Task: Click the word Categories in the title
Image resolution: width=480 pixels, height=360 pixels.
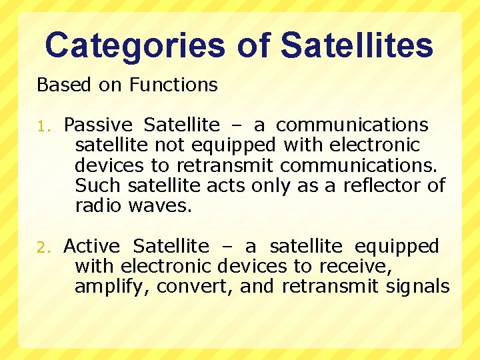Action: click(135, 46)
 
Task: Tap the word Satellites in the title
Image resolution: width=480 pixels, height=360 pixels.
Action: click(357, 46)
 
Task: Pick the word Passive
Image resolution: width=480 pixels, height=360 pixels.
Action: click(98, 125)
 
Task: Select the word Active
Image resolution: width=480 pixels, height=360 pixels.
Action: click(91, 247)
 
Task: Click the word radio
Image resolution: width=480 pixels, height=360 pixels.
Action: click(98, 205)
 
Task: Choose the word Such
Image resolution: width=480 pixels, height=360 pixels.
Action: click(98, 185)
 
